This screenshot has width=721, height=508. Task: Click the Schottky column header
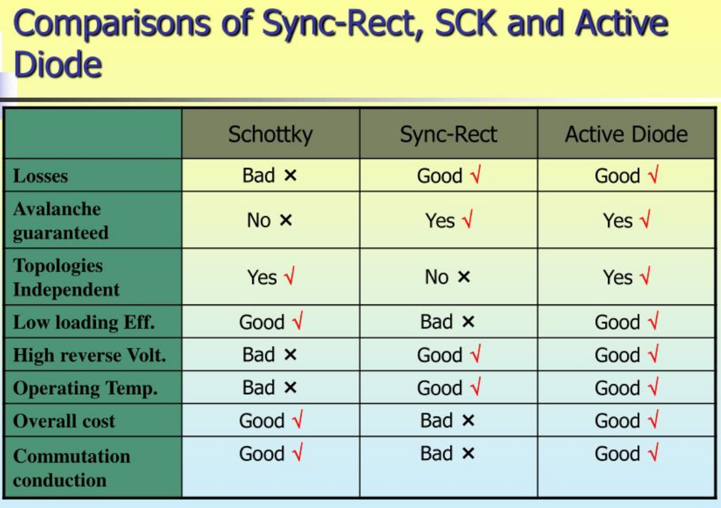point(270,134)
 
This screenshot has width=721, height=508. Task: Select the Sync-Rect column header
point(448,134)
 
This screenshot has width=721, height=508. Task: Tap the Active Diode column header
point(626,134)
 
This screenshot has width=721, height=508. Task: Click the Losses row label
point(41,176)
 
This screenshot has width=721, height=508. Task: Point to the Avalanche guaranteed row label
point(60,221)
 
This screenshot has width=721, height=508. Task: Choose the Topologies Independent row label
point(66,278)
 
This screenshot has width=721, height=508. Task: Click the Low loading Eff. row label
point(84,322)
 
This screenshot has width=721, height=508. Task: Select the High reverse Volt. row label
point(89,355)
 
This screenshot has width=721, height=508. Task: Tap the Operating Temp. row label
point(85,388)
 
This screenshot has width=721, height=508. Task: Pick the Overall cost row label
point(64,421)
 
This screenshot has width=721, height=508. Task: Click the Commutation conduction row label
point(71,468)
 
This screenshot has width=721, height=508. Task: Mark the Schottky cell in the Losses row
point(270,176)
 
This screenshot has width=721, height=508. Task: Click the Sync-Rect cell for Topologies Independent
point(447,277)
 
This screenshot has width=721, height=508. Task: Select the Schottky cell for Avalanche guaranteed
point(270,220)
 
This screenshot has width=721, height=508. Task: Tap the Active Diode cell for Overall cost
point(626,421)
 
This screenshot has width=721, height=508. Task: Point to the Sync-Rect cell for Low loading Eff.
point(447,321)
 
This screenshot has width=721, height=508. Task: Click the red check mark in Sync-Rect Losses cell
point(475,174)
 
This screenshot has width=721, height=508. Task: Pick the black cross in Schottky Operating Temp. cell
point(290,388)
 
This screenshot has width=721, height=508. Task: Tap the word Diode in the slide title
point(58,64)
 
